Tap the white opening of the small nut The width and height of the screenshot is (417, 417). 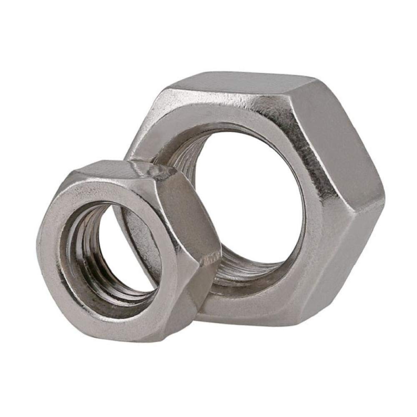coord(127,250)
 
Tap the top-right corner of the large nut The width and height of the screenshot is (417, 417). coord(317,79)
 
